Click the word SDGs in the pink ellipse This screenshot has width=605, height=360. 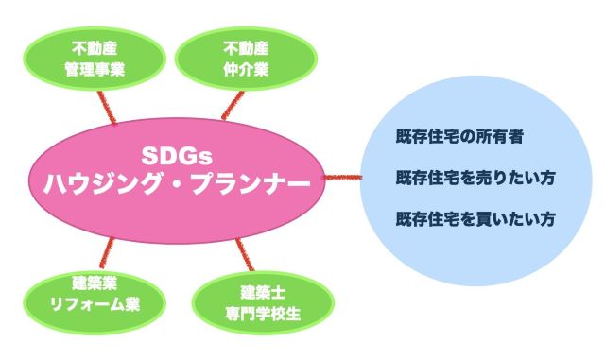coord(177,156)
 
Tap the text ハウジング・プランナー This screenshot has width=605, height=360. coord(177,183)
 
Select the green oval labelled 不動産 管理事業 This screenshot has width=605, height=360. coord(95,59)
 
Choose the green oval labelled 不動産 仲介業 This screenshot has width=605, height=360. coord(246,59)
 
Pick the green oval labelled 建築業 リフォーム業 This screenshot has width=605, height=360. coord(95,302)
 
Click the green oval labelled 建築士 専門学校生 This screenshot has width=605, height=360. coord(263,303)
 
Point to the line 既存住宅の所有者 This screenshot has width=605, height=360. coord(459,136)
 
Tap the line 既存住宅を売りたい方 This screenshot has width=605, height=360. coord(475,178)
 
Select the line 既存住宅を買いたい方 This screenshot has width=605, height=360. coord(475,219)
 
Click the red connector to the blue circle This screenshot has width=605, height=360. coord(342,178)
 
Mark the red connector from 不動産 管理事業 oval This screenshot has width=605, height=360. coord(107,108)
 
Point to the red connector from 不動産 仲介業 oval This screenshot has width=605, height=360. coord(233,105)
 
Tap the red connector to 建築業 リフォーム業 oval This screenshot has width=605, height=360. coord(107,252)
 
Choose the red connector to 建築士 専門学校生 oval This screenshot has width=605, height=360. coord(245,255)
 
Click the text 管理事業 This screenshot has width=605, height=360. coord(95,70)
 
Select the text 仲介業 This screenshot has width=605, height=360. coord(246,70)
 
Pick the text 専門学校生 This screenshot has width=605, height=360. coord(263,314)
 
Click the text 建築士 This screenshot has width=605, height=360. coord(263,293)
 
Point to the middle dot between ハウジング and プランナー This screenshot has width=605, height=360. coord(177,184)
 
